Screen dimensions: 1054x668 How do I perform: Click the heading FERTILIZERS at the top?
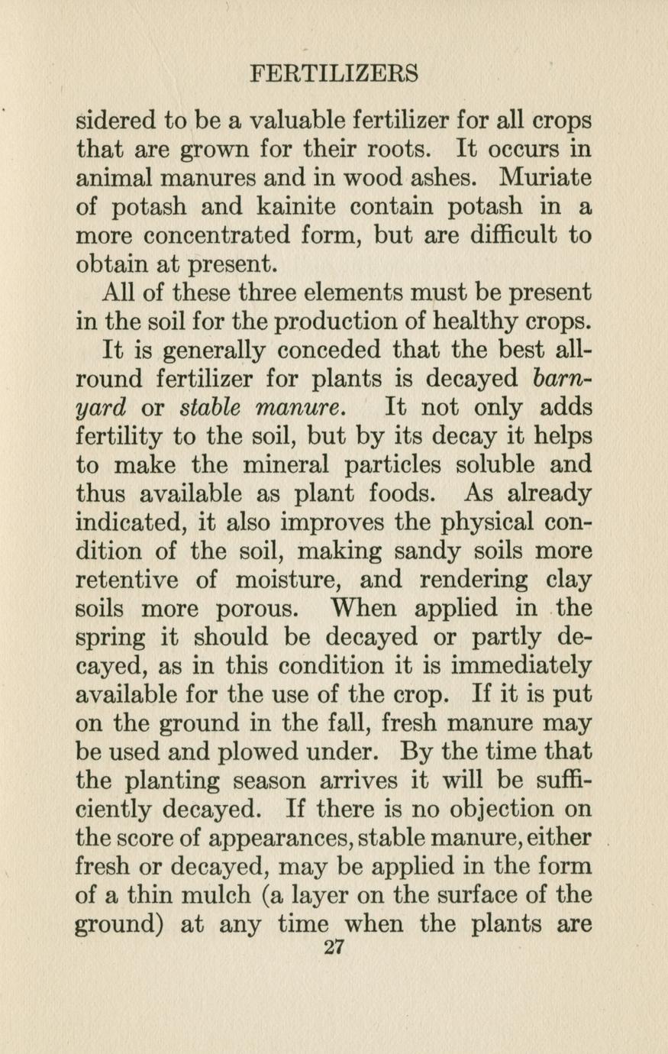pyautogui.click(x=334, y=74)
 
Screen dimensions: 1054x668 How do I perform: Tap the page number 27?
pyautogui.click(x=334, y=948)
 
